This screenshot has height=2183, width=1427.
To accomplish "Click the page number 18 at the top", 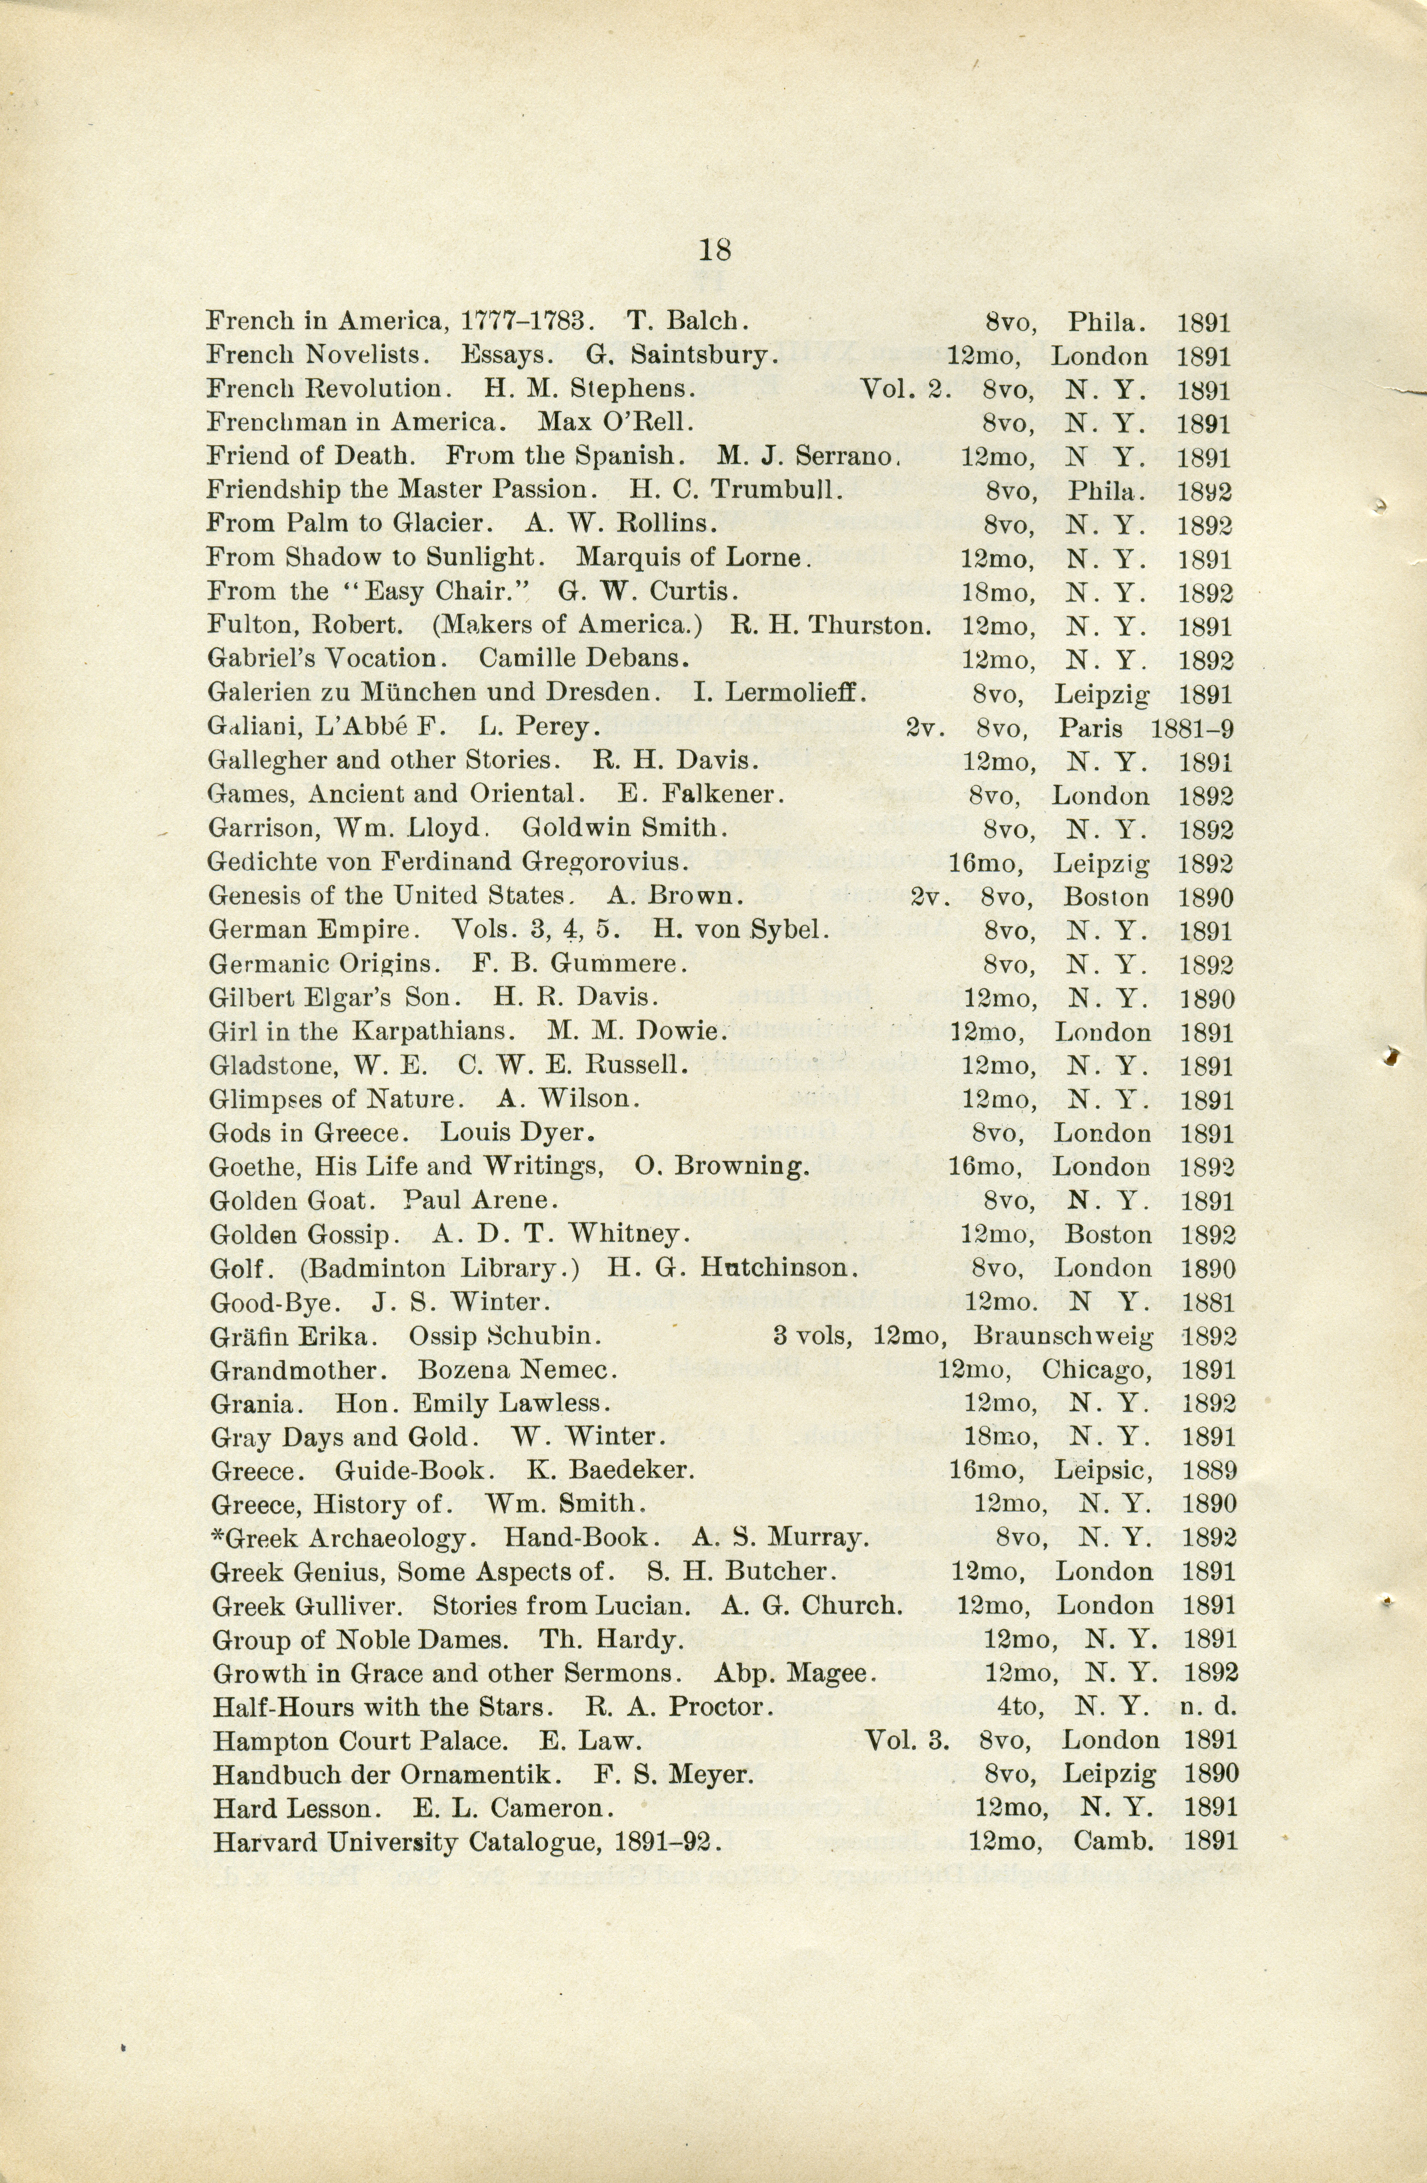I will [714, 249].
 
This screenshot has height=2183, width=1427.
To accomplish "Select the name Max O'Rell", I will [615, 423].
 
